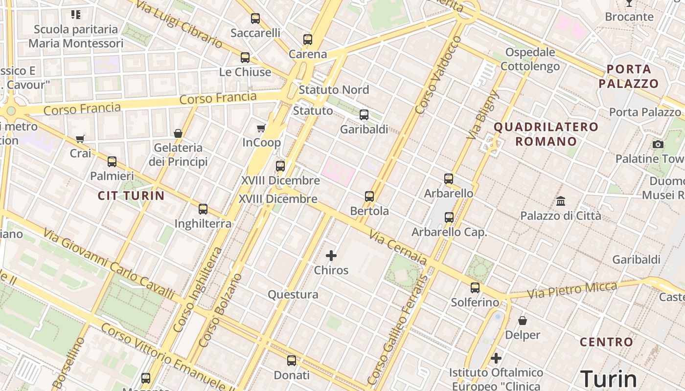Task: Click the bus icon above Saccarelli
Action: [x=255, y=19]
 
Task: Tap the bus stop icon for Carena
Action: [x=307, y=40]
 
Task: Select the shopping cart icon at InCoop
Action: [x=261, y=129]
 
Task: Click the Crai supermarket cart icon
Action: [x=80, y=139]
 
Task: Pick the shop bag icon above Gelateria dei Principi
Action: [x=178, y=133]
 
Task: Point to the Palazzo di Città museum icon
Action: [x=561, y=201]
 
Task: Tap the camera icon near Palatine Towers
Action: [x=658, y=144]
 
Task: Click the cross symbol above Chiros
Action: [x=331, y=256]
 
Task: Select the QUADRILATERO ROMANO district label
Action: [x=546, y=134]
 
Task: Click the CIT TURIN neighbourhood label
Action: [x=131, y=196]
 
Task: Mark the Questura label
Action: [x=293, y=295]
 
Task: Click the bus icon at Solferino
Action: [x=475, y=288]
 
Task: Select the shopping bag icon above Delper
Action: [x=523, y=321]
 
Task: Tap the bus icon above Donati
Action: [x=292, y=361]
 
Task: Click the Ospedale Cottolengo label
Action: [x=530, y=59]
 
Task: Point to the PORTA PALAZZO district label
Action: [x=629, y=76]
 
